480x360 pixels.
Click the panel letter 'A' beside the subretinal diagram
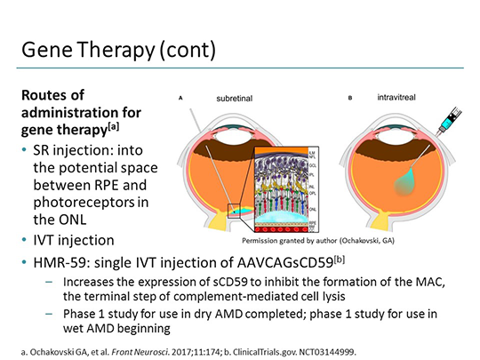coord(180,98)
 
